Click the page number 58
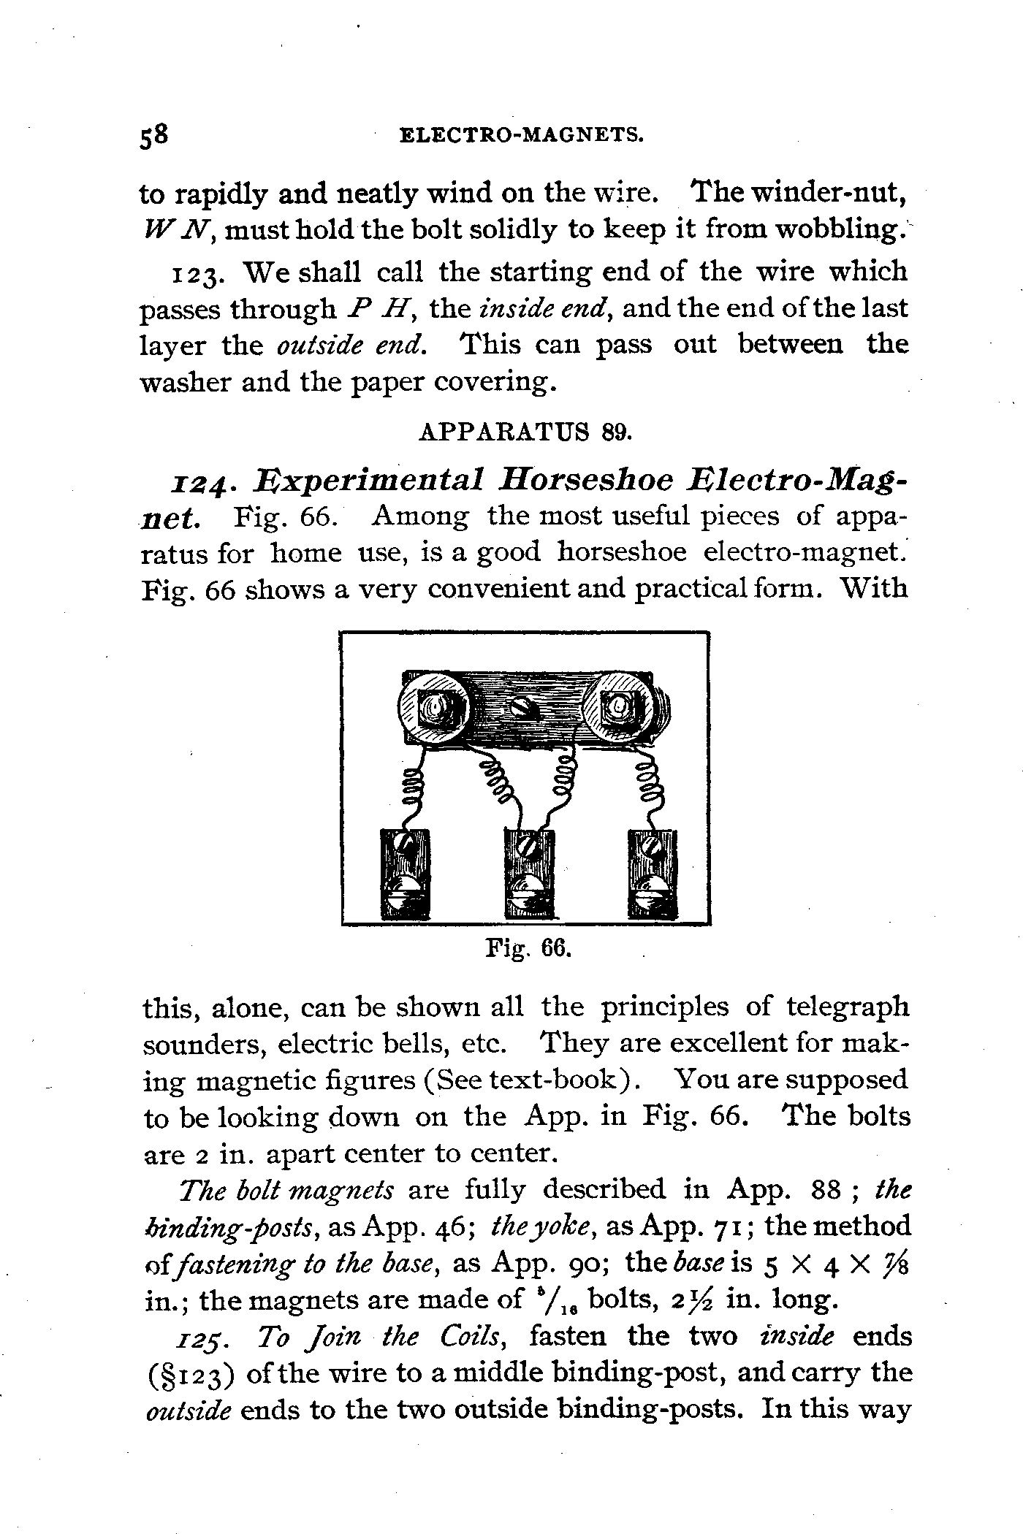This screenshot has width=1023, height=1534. point(154,137)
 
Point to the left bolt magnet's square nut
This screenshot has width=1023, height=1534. point(436,708)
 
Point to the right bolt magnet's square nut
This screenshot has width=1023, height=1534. point(619,706)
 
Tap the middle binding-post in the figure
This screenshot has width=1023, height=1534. point(530,874)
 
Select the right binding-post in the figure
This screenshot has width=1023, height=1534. point(653,874)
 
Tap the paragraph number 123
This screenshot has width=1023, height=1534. point(192,272)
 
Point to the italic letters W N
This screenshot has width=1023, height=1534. point(178,231)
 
